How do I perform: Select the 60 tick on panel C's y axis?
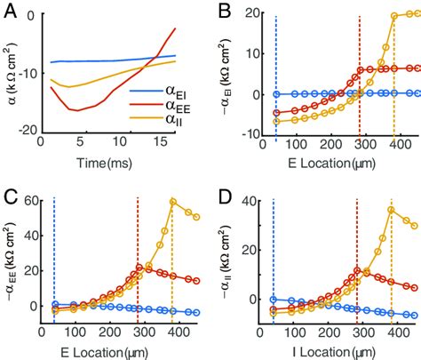tap(34, 201)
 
